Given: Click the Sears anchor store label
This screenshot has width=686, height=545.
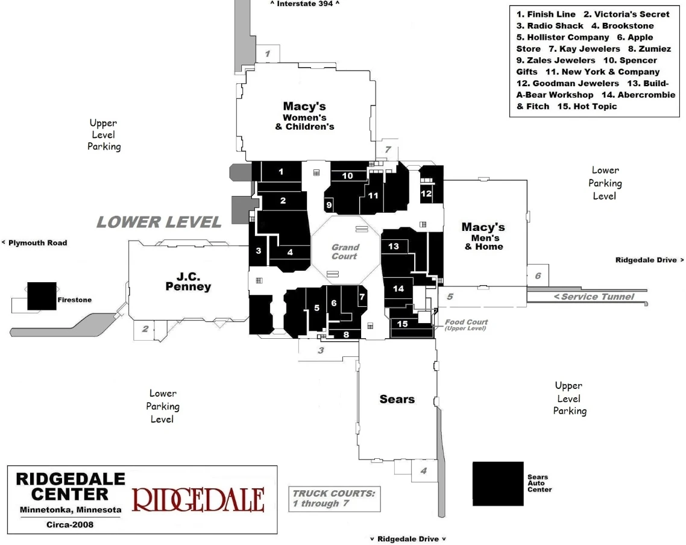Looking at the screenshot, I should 397,399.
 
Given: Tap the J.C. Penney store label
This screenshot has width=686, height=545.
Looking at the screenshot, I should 188,282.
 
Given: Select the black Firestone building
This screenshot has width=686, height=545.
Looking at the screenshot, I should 42,296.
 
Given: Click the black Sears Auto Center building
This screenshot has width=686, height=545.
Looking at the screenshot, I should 498,484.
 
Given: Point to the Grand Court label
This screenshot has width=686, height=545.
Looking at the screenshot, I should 345,251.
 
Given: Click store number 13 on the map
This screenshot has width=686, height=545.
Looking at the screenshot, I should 394,246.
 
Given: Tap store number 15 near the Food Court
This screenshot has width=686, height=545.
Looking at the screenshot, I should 403,324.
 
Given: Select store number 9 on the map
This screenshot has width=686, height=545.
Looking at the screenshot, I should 329,205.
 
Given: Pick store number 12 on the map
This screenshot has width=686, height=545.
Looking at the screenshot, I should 426,194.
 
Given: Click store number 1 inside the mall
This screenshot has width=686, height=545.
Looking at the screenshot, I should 281,172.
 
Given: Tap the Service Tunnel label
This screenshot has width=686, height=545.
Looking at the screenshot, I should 594,297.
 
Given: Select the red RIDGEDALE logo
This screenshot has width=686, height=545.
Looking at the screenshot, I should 198,500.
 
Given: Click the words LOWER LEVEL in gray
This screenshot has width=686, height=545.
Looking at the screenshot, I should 159,222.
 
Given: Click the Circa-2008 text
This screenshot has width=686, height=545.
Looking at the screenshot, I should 70,525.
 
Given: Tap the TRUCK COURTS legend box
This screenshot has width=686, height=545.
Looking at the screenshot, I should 334,498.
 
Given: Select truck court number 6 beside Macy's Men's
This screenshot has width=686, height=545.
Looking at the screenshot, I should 538,276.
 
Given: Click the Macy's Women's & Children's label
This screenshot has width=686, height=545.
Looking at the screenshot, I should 304,116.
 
